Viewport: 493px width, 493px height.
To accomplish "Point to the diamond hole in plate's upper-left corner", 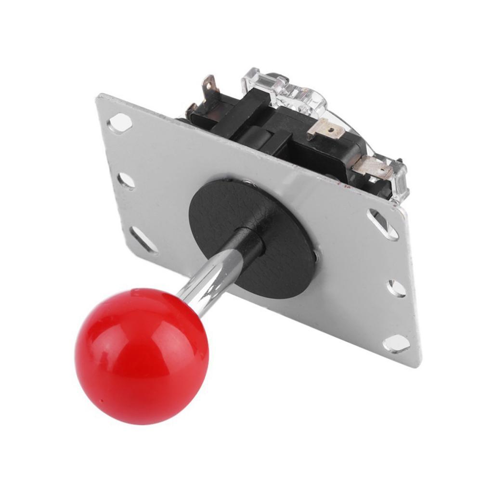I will (120, 123).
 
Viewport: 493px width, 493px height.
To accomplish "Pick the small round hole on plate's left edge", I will (126, 181).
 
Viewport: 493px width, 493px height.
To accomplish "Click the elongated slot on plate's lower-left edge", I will (143, 240).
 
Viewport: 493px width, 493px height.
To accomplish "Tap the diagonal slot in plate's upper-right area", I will (383, 224).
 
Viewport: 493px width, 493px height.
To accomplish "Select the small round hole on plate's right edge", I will (397, 288).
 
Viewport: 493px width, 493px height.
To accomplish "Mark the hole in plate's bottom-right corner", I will (397, 343).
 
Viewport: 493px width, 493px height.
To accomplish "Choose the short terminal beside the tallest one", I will (191, 110).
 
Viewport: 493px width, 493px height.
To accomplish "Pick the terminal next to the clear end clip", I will (373, 167).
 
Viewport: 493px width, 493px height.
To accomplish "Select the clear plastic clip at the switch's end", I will (399, 181).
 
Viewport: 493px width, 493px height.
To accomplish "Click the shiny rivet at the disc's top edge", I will (248, 182).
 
